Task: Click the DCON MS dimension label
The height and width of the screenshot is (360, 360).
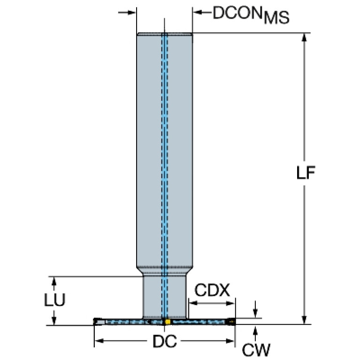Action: (251, 15)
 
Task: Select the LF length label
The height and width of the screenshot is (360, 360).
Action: (306, 173)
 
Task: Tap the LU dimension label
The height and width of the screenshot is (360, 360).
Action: (54, 299)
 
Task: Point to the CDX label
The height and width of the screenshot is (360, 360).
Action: (212, 290)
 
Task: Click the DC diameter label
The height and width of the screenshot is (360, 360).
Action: (165, 341)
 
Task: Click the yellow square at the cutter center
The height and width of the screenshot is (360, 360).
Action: (168, 322)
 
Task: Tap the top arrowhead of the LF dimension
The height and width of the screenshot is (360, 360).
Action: (304, 38)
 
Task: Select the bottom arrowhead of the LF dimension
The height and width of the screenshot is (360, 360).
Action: (304, 319)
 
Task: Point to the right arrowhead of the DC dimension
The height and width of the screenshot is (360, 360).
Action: (230, 341)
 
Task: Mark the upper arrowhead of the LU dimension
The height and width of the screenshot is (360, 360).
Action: (54, 281)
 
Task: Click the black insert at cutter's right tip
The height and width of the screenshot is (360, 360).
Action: (231, 322)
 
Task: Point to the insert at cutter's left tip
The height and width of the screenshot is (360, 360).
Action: (99, 322)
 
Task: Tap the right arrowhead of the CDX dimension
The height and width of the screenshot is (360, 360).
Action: (230, 303)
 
